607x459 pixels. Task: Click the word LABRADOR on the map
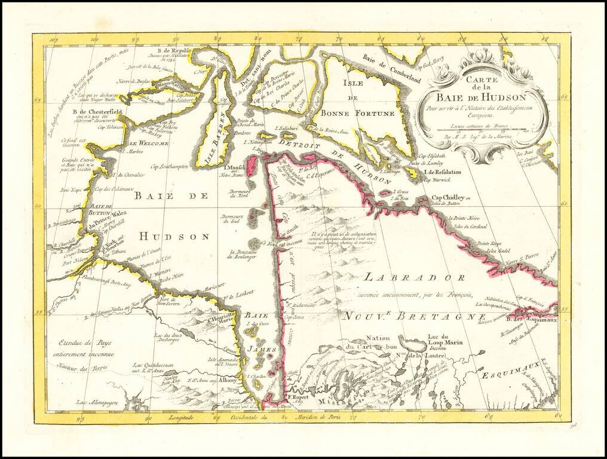[x=414, y=278]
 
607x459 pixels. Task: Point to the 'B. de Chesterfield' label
[x=93, y=111]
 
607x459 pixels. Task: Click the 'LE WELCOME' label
[x=149, y=143]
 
